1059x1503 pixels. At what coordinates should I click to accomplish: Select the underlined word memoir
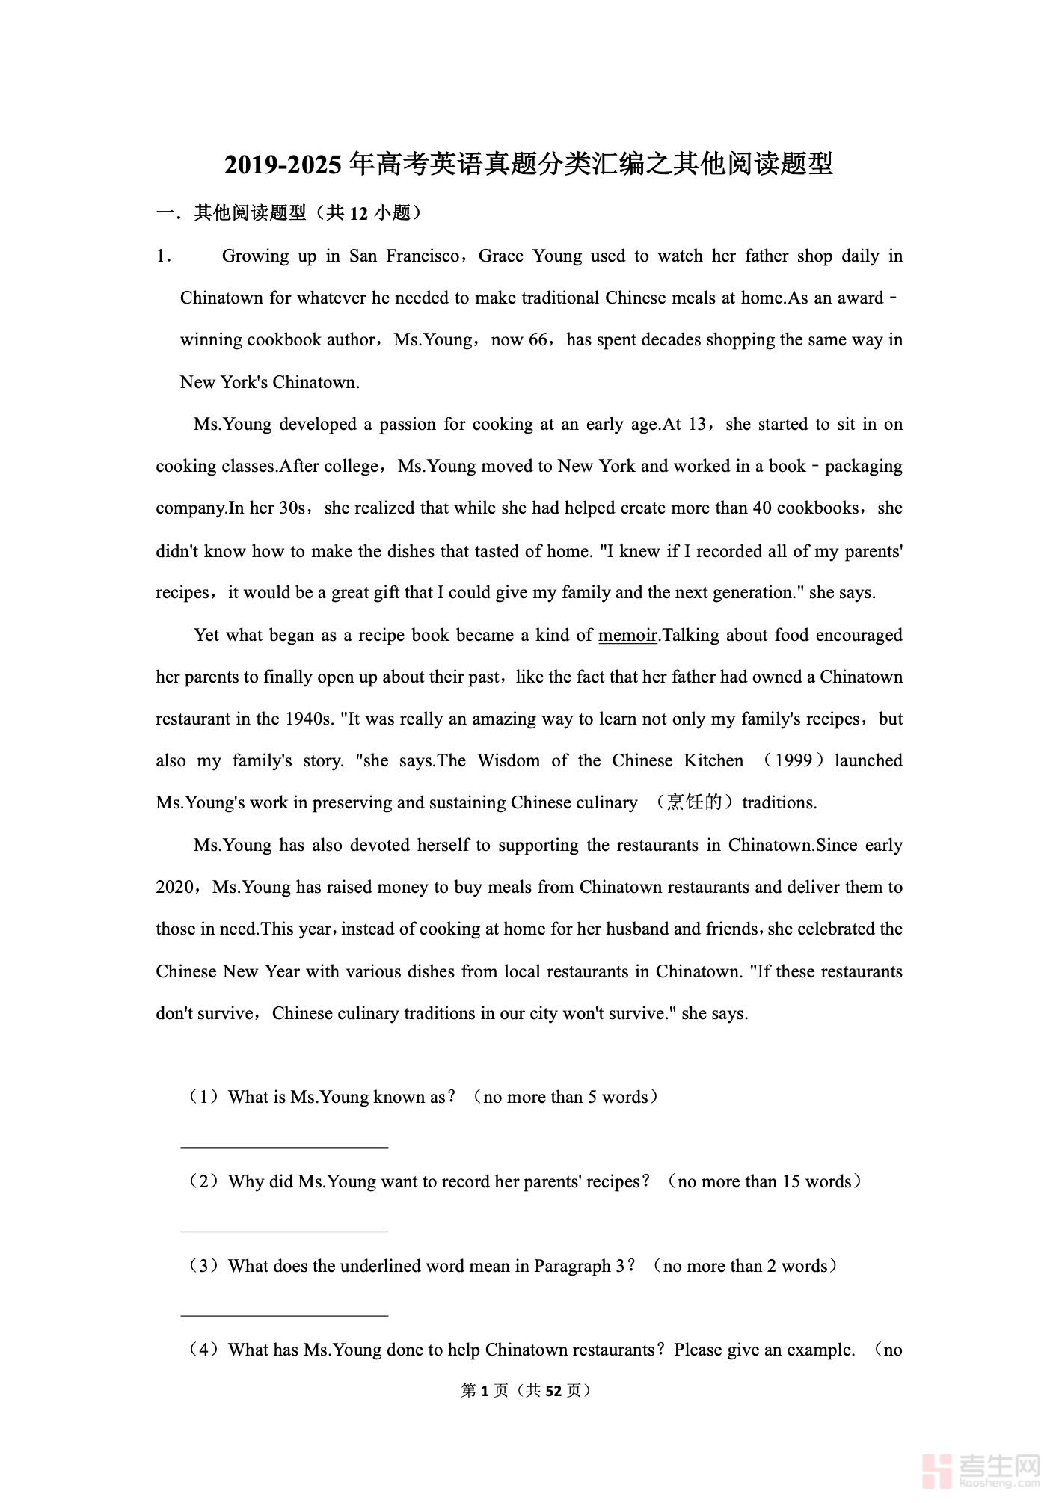[x=627, y=636]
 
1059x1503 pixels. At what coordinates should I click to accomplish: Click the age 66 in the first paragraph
[x=538, y=340]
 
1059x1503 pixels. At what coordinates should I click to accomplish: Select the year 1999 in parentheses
[x=794, y=761]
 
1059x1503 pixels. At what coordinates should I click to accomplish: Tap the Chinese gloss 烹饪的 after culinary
[x=695, y=803]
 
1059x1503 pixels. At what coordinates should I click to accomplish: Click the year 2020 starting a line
[x=174, y=888]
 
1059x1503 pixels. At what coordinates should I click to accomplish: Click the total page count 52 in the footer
[x=553, y=1391]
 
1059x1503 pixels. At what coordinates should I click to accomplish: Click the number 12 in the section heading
[x=359, y=214]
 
